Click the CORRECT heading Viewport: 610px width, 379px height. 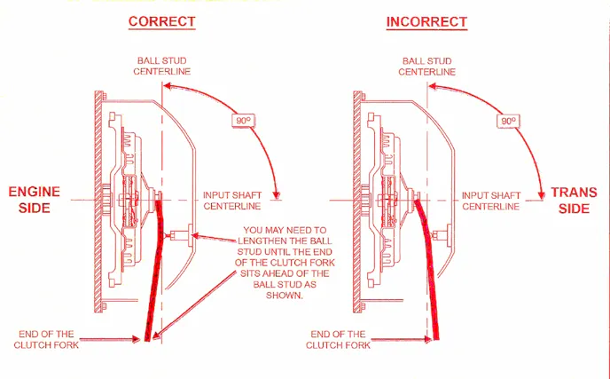pos(161,20)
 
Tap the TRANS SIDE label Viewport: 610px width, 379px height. pos(574,200)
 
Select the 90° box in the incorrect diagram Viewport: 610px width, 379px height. pos(508,120)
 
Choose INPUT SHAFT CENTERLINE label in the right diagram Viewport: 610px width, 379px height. pos(492,200)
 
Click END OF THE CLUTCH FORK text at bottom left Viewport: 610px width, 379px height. pos(50,339)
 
